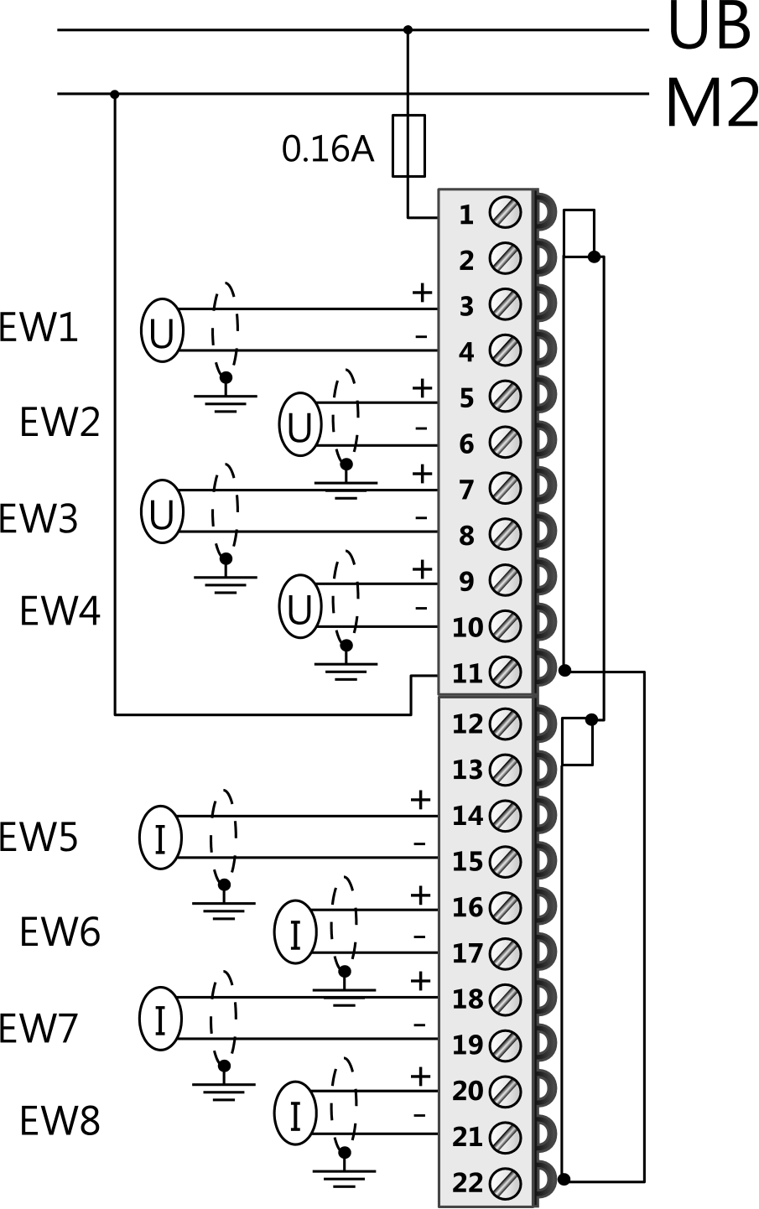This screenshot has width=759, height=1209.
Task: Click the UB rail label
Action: (709, 27)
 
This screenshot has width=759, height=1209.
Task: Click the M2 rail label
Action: (711, 104)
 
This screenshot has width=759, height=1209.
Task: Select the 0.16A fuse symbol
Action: (408, 145)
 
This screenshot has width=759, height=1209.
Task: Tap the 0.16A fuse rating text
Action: (327, 149)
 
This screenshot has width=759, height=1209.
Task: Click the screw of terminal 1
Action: (506, 212)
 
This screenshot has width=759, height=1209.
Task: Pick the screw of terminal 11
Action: (506, 672)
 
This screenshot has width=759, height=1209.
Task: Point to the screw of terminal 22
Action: (506, 1182)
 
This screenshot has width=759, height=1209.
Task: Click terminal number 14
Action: (467, 816)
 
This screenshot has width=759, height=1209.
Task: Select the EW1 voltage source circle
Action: (162, 330)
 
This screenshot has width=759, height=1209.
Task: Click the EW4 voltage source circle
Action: (300, 606)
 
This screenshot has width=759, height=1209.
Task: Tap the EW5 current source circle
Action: (160, 837)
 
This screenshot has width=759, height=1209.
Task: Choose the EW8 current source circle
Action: (295, 1113)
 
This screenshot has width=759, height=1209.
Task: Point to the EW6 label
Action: (60, 931)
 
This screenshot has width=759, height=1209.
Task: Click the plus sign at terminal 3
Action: (422, 293)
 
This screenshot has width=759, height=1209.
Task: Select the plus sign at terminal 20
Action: (420, 1076)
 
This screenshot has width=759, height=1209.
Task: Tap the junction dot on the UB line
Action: (408, 30)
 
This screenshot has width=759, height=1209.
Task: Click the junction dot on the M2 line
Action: (115, 94)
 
